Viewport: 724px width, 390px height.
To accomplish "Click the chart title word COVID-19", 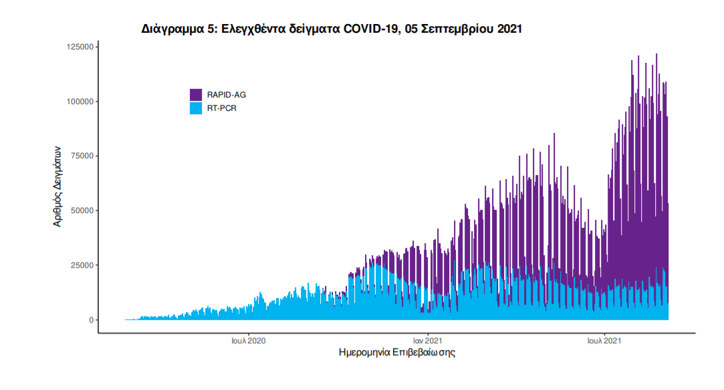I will [368, 29].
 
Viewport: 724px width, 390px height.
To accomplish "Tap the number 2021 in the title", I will [508, 29].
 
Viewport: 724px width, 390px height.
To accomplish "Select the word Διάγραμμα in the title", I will [172, 29].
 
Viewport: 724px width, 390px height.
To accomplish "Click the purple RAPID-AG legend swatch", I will [196, 95].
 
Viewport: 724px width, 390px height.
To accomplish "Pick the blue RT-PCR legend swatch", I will [196, 108].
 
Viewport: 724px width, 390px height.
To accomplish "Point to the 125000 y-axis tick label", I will [80, 47].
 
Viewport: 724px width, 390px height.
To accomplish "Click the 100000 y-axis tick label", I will [80, 102].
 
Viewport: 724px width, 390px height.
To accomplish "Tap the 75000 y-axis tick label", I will [82, 156].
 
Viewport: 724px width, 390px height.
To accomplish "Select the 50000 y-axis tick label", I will [82, 210].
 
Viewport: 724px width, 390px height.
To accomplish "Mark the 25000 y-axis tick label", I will [82, 265].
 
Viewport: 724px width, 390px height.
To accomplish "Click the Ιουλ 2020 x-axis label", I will [249, 341].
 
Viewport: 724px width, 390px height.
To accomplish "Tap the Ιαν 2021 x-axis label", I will [427, 341].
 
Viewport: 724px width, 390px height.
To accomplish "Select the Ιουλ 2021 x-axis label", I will [605, 341].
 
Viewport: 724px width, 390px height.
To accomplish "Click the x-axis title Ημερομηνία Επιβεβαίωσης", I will [397, 353].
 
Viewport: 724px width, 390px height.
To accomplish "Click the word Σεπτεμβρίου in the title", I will [459, 29].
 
